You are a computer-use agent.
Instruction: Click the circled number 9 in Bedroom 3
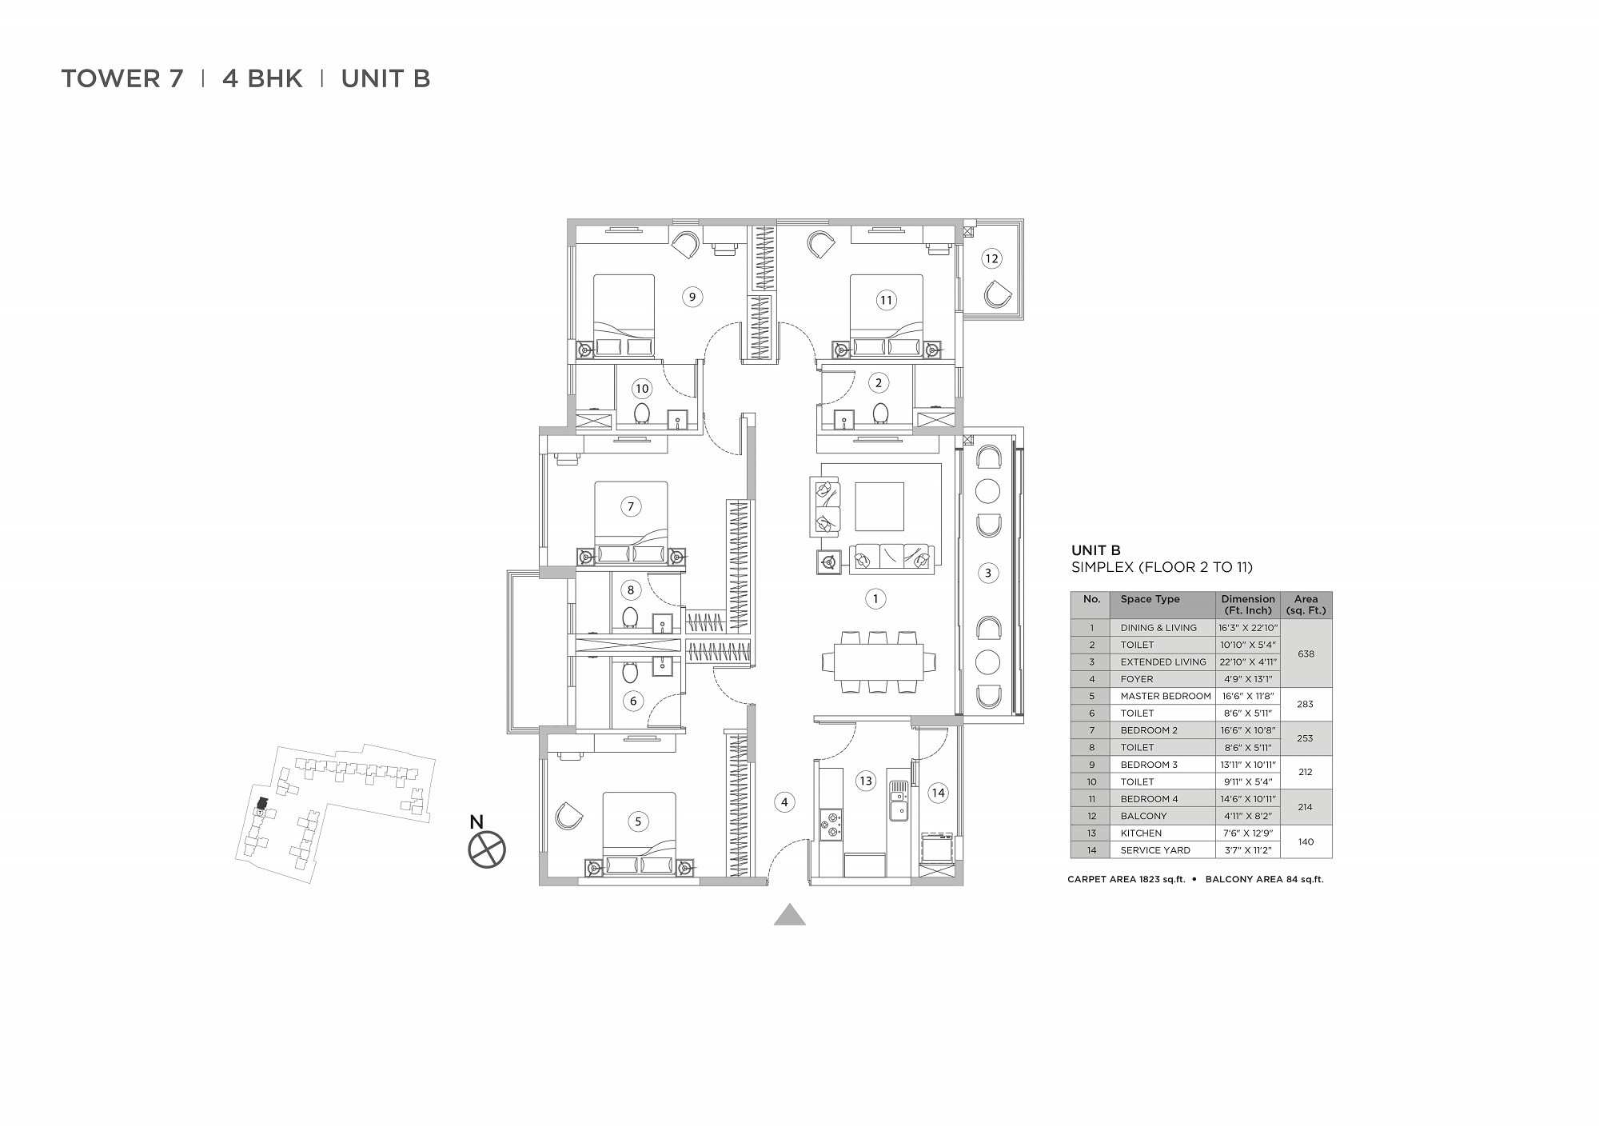point(692,297)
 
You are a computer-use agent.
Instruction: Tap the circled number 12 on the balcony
point(991,258)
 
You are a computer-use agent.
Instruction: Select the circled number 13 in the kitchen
point(866,781)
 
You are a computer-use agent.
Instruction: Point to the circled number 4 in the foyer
point(784,801)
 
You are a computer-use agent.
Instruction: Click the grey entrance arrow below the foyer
point(790,914)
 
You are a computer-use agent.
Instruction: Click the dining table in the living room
point(879,662)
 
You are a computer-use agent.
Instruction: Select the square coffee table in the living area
point(879,506)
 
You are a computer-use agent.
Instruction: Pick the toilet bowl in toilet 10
point(641,413)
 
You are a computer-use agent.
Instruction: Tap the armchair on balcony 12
point(997,294)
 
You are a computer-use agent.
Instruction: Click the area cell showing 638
point(1306,653)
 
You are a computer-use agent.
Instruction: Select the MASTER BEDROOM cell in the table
point(1166,696)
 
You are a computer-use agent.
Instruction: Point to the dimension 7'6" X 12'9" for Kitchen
point(1247,833)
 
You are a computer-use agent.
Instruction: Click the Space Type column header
point(1150,599)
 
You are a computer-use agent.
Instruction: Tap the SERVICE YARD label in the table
point(1155,850)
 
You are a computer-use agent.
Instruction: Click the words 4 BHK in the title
point(262,78)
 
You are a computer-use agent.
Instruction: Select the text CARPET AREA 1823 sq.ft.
point(1126,880)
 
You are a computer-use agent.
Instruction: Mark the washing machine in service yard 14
point(936,848)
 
